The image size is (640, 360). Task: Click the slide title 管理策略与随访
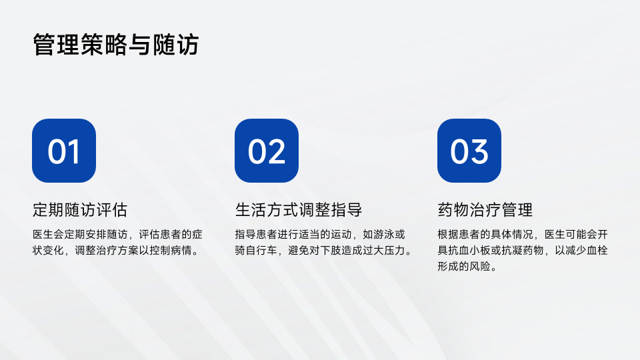(x=116, y=45)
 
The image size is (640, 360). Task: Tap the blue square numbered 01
(x=64, y=151)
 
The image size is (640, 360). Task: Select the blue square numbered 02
(x=267, y=151)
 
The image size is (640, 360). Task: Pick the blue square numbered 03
(x=469, y=151)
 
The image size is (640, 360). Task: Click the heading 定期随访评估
(x=80, y=210)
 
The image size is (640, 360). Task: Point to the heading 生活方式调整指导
(x=299, y=210)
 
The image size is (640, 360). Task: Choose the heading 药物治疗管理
(x=485, y=210)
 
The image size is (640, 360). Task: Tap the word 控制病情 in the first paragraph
(x=170, y=250)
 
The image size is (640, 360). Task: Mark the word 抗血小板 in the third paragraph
(x=469, y=250)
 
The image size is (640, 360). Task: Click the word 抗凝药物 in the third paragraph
(x=523, y=250)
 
